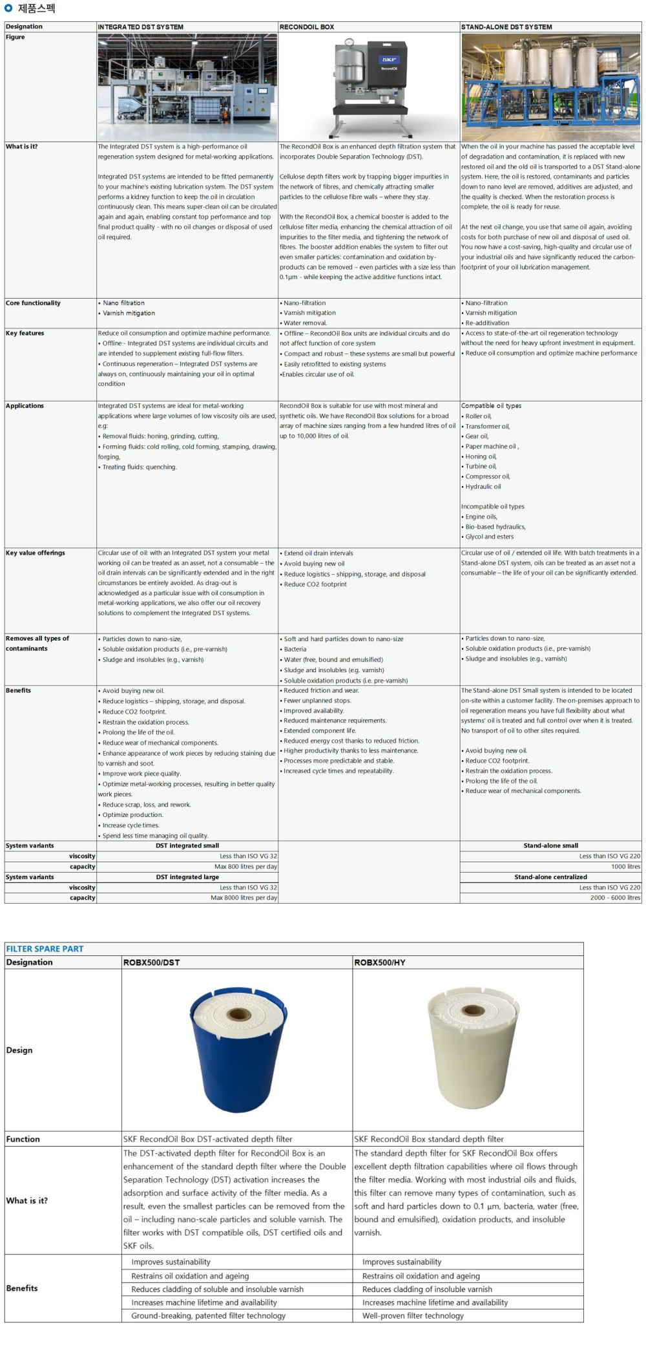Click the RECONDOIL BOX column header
click(307, 27)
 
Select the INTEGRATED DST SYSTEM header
click(141, 27)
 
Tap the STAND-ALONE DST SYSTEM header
click(506, 27)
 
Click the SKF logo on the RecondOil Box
click(389, 59)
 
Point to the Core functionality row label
click(33, 303)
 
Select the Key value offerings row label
click(36, 553)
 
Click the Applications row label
click(25, 406)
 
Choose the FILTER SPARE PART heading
click(45, 949)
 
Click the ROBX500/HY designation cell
click(380, 962)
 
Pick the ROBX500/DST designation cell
click(151, 962)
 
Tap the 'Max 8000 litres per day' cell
click(244, 898)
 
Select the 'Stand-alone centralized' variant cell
click(550, 877)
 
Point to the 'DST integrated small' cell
click(187, 845)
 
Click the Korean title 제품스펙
click(36, 8)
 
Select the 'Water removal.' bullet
click(305, 323)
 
